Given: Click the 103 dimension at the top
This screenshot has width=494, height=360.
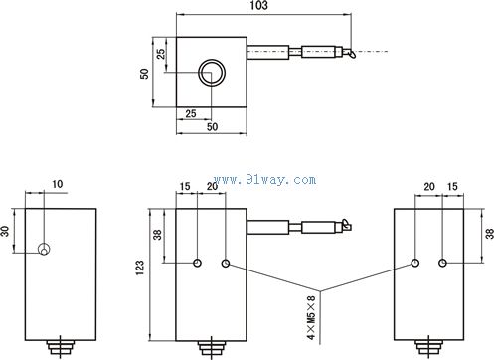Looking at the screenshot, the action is pos(259,5).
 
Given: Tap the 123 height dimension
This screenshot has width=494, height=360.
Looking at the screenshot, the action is pos(140,268).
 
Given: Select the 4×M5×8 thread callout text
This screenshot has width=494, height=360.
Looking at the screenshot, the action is pos(311,317).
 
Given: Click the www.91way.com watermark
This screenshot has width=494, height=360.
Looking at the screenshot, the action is pos(264,180).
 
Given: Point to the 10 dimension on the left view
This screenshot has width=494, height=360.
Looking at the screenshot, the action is pos(57,184).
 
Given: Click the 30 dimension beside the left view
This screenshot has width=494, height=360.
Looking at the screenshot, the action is pos(5,231).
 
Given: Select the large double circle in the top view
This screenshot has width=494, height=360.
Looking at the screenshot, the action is pos(212,73).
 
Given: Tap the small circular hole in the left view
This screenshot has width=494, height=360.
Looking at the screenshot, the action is pos(44,249).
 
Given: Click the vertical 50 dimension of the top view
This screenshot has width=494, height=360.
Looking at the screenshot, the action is pos(144,74).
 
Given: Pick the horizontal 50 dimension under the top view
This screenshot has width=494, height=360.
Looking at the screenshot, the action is pos(212,127).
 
